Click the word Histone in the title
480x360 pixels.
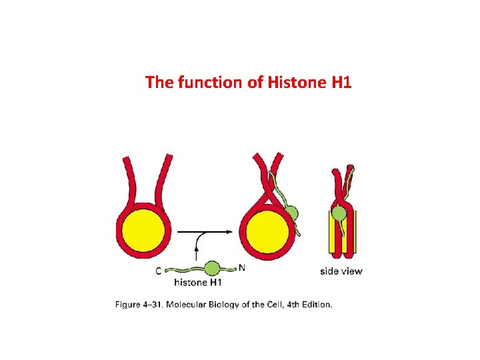291,83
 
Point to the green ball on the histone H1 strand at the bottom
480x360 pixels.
212,269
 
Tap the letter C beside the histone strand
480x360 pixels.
158,271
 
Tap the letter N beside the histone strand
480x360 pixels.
242,268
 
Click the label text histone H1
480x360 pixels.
198,282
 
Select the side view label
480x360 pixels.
341,271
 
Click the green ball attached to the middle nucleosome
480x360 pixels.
291,214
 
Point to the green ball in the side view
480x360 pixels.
340,213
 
